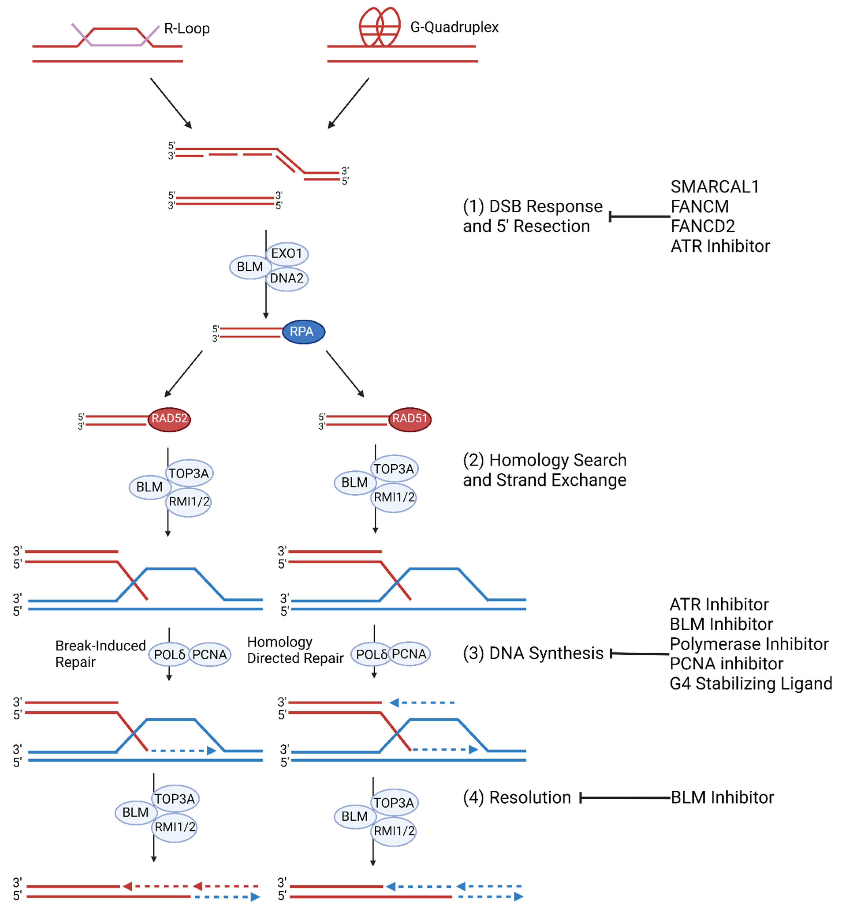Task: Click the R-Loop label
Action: point(187,29)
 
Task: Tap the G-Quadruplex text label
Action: point(454,27)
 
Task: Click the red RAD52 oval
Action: point(169,419)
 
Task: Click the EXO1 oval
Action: point(287,254)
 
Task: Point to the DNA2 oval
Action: point(287,278)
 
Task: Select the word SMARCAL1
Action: point(714,187)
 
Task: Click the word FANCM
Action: point(700,207)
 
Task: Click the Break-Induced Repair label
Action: point(100,654)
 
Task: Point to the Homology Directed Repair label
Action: point(295,650)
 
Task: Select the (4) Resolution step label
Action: point(517,798)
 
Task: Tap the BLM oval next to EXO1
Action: point(250,267)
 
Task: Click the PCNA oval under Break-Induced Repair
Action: point(209,655)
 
